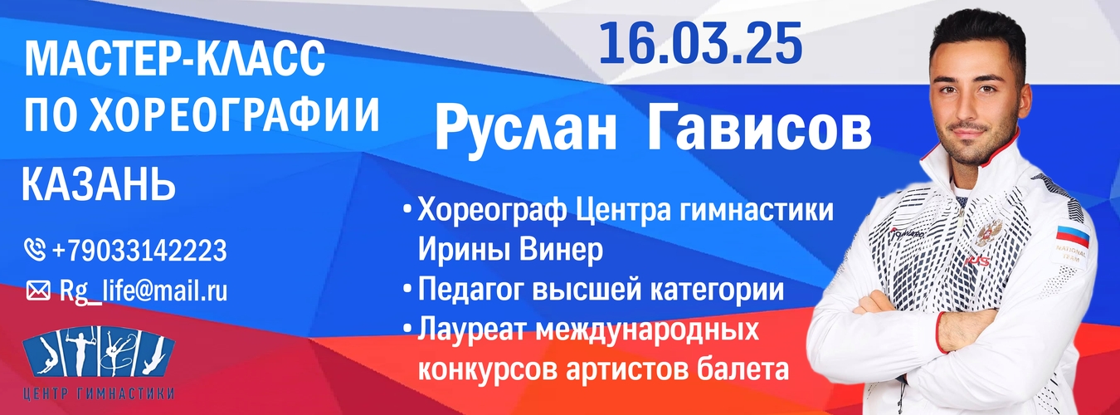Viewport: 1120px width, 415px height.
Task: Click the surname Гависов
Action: coord(758,128)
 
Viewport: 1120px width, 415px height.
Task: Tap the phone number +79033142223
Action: coord(139,250)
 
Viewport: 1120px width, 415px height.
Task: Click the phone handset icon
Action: coord(35,250)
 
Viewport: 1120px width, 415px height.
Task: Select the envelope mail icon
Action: coord(37,291)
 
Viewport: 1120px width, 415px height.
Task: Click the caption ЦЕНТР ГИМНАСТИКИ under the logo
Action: coord(99,393)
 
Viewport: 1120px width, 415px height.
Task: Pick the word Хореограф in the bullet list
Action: coord(492,211)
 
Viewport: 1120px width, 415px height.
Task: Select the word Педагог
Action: coord(469,290)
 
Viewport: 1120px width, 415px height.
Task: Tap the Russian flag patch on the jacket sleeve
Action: coord(1072,236)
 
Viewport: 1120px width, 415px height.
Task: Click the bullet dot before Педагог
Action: coord(408,289)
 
